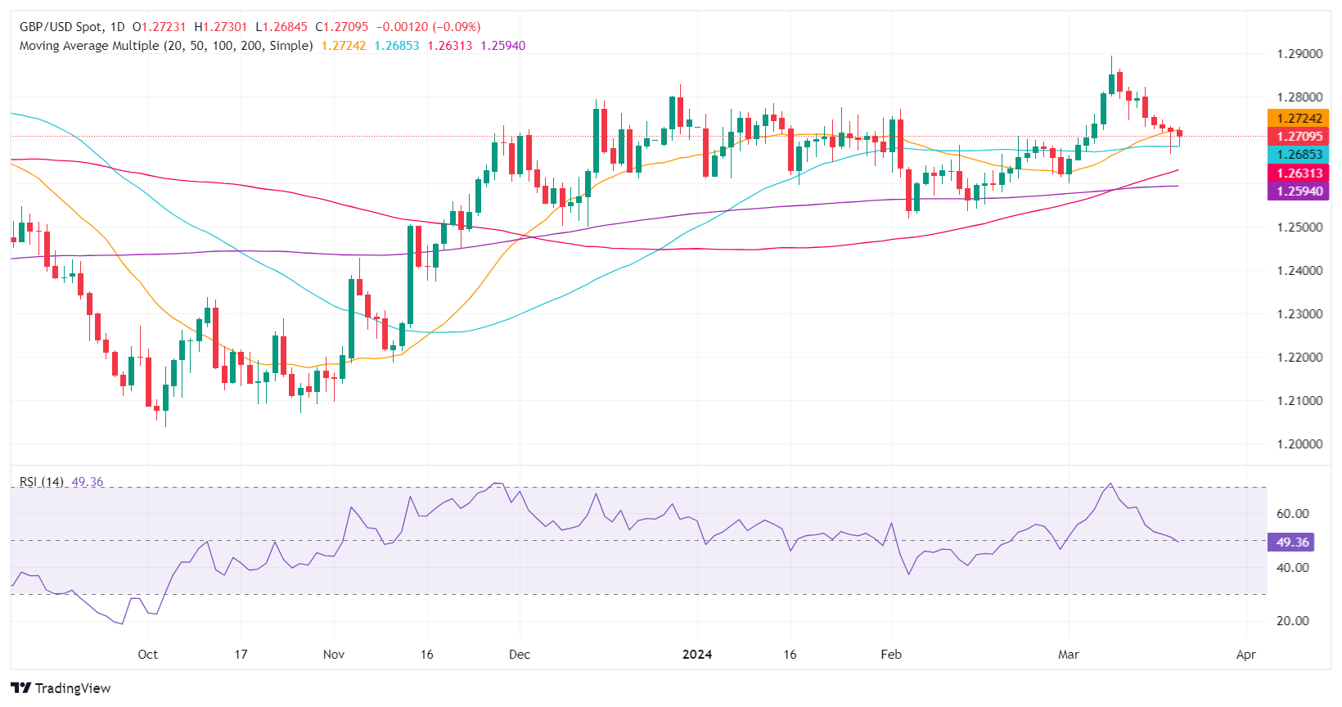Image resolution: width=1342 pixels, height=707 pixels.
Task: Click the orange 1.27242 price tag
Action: point(1299,119)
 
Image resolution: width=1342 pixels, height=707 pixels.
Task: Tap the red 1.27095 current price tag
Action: point(1299,137)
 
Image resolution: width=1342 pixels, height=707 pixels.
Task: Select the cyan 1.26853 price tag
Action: point(1299,155)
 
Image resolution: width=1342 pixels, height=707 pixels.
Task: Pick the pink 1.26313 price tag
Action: point(1299,173)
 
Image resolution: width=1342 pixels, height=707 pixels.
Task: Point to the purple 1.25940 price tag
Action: point(1299,191)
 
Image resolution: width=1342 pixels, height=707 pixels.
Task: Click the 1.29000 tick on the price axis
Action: point(1299,54)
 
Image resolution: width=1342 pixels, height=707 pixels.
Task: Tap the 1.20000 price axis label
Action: point(1299,444)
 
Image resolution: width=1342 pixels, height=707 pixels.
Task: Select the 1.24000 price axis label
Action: point(1299,271)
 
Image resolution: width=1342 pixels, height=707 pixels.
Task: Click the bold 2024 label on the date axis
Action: point(697,655)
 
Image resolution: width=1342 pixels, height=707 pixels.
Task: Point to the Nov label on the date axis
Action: point(334,655)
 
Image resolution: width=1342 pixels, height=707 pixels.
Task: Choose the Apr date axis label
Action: point(1245,655)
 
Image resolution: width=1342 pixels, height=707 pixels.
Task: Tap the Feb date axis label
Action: point(891,655)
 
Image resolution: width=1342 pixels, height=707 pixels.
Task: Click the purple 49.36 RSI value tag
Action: point(1292,542)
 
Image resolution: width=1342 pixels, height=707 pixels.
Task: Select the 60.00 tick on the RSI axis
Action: point(1293,514)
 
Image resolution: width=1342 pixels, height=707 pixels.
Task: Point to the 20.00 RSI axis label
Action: point(1293,621)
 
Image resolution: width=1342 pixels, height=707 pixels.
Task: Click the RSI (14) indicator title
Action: point(42,482)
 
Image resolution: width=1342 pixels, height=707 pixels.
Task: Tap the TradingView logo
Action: point(61,688)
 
